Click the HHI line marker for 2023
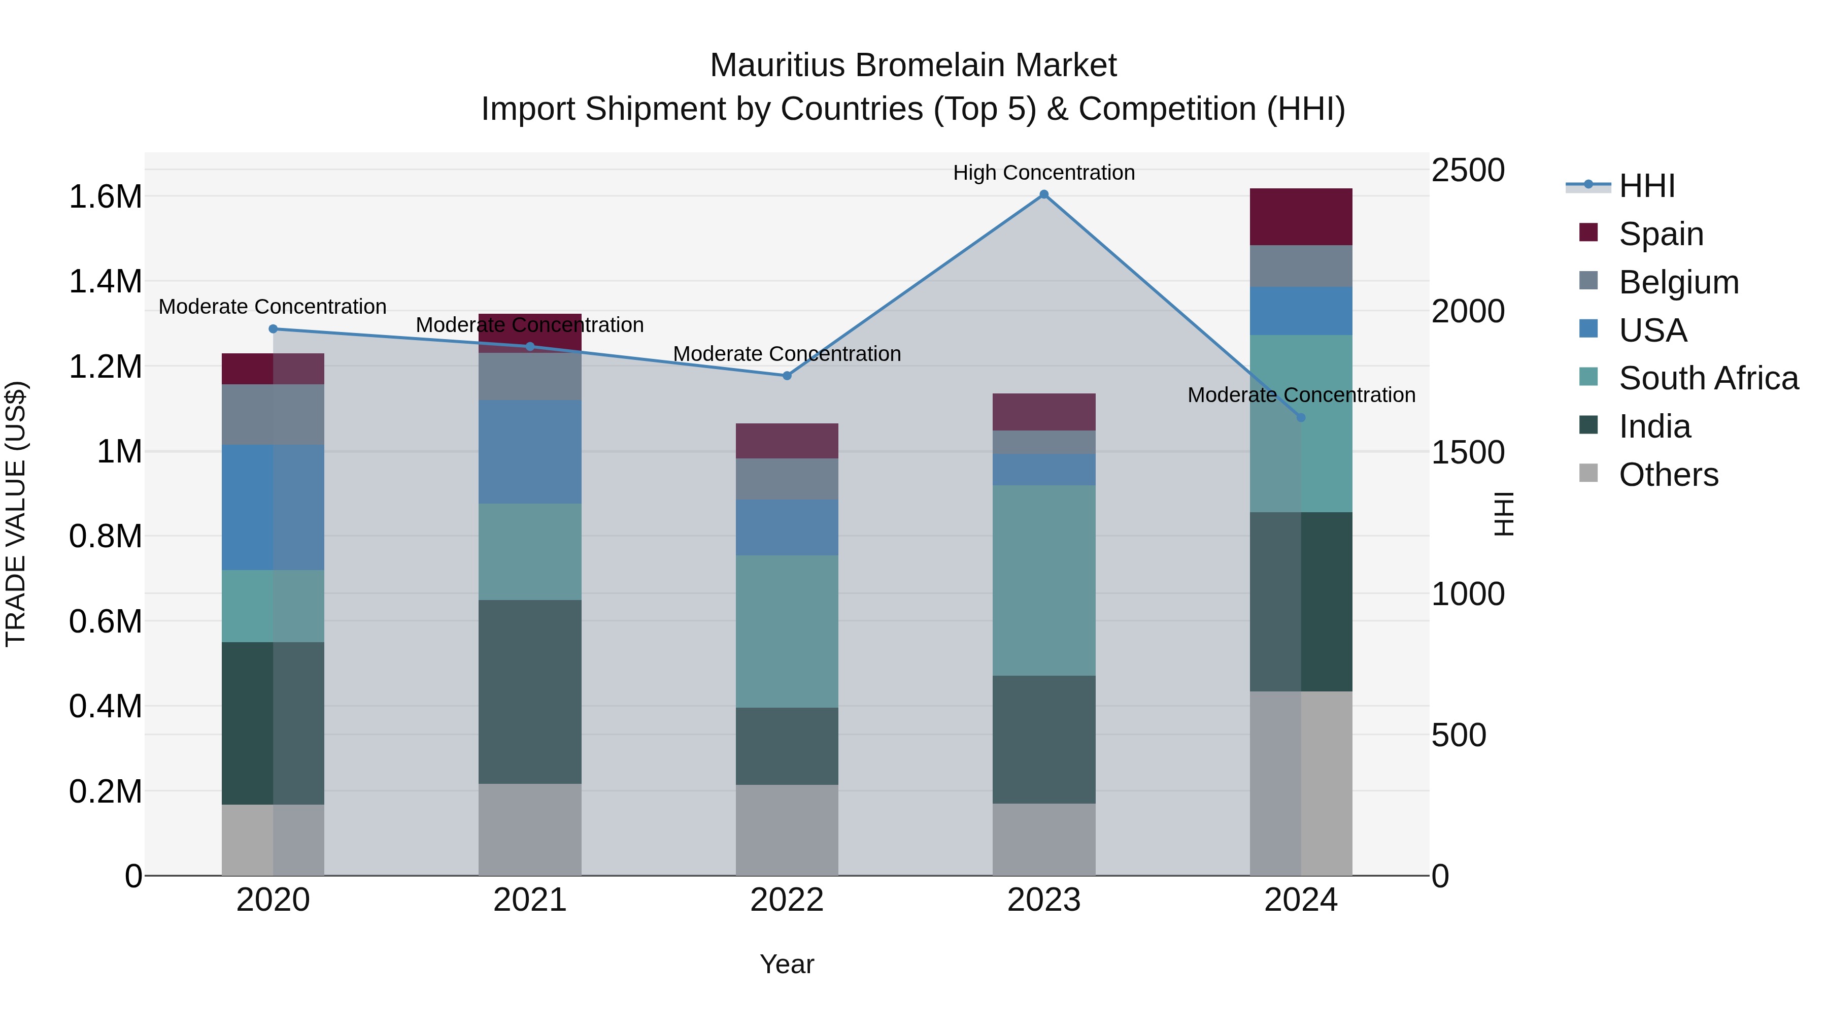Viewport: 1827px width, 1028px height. tap(1043, 194)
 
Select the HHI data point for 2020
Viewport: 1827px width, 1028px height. tap(273, 328)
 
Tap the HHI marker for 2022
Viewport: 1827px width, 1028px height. tap(787, 375)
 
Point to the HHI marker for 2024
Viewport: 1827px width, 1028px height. tap(1301, 417)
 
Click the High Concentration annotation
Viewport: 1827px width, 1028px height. tap(1043, 173)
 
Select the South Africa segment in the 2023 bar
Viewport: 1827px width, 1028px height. tap(1043, 580)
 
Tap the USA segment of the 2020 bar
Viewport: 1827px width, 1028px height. tap(273, 507)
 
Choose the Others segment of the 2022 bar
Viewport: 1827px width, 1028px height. tap(787, 830)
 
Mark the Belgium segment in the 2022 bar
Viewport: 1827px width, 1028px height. tap(787, 478)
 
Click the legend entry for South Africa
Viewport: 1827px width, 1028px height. tap(1708, 378)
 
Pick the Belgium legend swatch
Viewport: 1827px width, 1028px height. tap(1588, 281)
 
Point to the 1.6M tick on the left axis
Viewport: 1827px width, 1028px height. tap(105, 196)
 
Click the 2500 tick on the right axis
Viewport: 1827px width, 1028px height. tap(1467, 170)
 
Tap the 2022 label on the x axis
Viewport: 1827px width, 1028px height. tap(787, 900)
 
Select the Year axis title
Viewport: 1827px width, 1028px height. tap(787, 964)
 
